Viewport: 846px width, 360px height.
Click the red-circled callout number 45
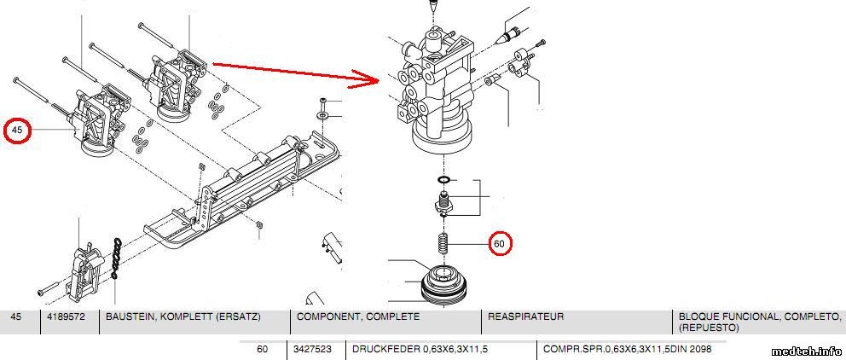coord(17,130)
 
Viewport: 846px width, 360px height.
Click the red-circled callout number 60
coord(500,243)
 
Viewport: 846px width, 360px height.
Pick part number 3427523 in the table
coord(312,349)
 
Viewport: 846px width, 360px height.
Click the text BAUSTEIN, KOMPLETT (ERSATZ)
coord(183,316)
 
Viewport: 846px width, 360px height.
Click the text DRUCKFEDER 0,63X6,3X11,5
coord(415,349)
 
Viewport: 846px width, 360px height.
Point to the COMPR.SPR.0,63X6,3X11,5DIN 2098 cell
coord(628,349)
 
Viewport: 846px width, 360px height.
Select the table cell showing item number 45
coord(17,316)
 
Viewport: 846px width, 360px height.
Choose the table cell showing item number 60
coord(262,349)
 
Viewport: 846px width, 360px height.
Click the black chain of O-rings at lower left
coord(115,258)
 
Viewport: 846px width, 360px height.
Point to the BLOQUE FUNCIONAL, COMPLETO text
coord(760,316)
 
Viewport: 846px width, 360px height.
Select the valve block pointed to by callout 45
coord(100,119)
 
